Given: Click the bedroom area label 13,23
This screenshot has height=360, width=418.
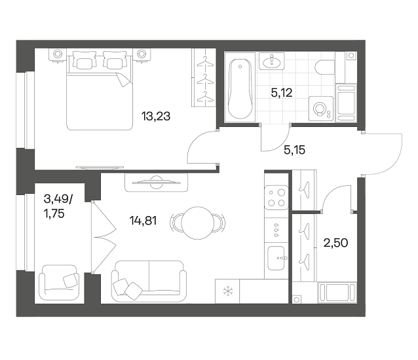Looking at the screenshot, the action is coord(156,117).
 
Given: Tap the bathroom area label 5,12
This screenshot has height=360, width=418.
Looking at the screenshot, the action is coord(282,93).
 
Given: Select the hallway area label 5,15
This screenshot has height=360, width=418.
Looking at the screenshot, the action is coord(295,150).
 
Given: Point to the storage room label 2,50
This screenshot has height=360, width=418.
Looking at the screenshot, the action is coord(335,243).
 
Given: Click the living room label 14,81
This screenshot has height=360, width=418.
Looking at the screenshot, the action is coord(143,221).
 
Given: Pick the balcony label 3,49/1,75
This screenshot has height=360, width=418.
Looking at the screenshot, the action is coord(58,206).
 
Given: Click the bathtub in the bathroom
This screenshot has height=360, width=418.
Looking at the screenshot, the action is coord(240,88).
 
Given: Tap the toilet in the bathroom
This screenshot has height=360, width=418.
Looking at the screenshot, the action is coord(324,67).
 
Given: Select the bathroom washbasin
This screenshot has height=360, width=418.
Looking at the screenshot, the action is coord(272,62).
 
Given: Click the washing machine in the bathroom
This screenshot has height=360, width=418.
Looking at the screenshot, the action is coord(321,109).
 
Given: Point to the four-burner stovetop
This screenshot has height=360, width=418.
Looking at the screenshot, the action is coord(276,197).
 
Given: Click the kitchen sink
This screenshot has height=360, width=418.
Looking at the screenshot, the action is coord(276,258).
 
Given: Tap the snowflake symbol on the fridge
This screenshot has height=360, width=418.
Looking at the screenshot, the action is coord(227,291).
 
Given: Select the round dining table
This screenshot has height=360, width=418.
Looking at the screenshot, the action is coord(198,223).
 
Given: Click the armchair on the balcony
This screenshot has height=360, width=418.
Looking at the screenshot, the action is coord(59,282).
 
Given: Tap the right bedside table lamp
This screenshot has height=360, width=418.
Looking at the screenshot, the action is coord(142,54).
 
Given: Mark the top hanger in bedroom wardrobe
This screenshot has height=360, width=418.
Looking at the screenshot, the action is coord(205,62).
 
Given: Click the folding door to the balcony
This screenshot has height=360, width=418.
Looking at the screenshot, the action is coord(104,237).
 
